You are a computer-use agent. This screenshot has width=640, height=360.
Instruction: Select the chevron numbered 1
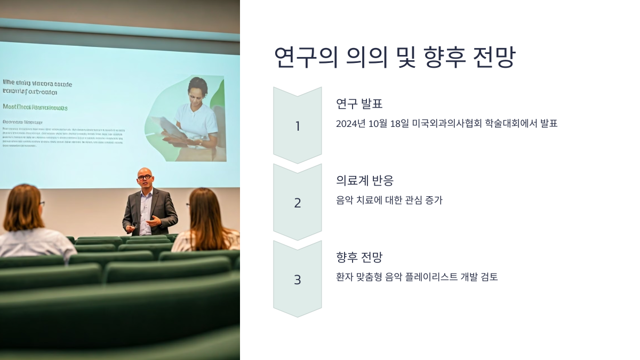pos(298,126)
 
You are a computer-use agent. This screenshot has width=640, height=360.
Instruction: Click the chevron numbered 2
pos(298,203)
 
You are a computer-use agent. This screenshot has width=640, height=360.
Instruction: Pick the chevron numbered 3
pos(298,279)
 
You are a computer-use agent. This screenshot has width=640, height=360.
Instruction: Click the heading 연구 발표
pos(359,103)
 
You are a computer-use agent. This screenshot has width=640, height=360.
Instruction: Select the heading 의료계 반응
pos(365,180)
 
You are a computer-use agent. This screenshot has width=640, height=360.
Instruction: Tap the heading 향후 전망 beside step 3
pos(359,257)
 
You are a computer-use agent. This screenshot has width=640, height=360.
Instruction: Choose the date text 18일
pos(399,124)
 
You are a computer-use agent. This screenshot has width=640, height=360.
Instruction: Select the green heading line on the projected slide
pos(35,107)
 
